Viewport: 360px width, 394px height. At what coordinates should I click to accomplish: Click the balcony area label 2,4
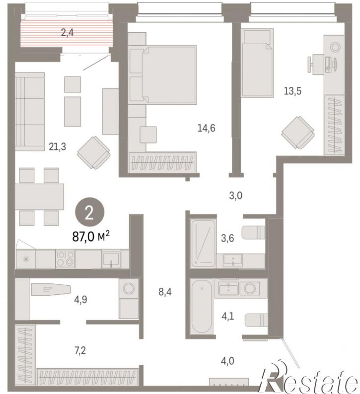(x=67, y=32)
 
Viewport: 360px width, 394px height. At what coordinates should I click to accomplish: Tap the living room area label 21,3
(x=57, y=146)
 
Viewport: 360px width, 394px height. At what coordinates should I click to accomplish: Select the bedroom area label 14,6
(x=207, y=128)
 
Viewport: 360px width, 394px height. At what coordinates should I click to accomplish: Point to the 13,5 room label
(x=292, y=91)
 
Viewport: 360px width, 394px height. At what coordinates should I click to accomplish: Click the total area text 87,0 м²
(x=91, y=236)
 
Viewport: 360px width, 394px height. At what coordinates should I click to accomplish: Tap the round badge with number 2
(x=89, y=213)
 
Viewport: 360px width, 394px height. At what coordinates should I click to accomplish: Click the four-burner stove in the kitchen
(x=65, y=259)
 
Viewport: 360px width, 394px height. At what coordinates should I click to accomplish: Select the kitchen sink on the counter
(x=111, y=259)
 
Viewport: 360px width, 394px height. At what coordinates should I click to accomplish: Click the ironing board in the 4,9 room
(x=51, y=289)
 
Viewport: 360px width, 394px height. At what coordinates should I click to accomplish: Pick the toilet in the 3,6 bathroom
(x=253, y=233)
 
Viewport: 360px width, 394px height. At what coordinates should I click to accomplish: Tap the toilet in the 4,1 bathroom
(x=256, y=320)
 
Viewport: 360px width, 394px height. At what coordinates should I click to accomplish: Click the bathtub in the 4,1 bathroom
(x=202, y=306)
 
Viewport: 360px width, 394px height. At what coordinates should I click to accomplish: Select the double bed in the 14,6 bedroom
(x=162, y=75)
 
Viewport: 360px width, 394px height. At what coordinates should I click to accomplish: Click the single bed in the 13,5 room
(x=257, y=63)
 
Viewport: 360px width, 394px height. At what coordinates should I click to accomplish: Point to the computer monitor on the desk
(x=335, y=65)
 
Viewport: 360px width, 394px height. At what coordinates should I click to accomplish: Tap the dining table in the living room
(x=39, y=197)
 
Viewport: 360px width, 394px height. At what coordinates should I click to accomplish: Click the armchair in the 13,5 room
(x=298, y=132)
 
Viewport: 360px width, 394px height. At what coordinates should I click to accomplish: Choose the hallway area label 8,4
(x=165, y=292)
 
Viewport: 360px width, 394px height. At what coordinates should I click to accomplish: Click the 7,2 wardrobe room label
(x=80, y=350)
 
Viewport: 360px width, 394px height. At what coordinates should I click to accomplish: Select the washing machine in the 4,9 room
(x=129, y=288)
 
